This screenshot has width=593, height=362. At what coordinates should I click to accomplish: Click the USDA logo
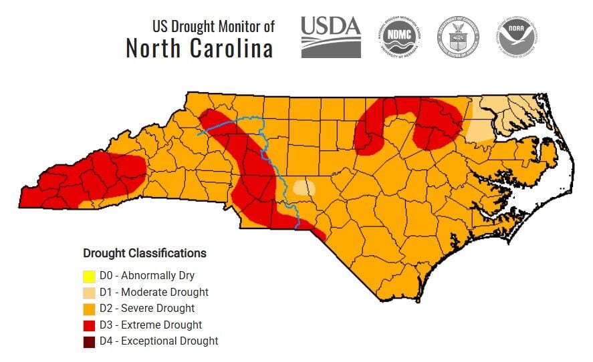tap(330, 37)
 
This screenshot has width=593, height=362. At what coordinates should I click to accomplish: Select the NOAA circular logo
tap(517, 37)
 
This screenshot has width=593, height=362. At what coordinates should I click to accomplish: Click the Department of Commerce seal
tap(459, 37)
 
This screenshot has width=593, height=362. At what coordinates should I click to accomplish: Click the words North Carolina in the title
tap(199, 49)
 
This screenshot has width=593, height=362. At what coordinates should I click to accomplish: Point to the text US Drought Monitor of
tap(213, 27)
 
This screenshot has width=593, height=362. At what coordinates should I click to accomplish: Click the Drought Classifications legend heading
tap(144, 253)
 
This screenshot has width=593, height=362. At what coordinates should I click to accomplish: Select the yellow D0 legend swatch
tap(89, 275)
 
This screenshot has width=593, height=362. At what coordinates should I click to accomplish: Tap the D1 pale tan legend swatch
tap(89, 292)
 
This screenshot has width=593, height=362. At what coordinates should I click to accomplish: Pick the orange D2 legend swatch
tap(89, 309)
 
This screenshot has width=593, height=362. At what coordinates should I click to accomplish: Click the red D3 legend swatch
tap(89, 325)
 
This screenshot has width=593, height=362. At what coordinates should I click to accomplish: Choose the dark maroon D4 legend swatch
tap(89, 341)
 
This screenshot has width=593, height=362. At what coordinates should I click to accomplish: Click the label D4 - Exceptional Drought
tap(158, 341)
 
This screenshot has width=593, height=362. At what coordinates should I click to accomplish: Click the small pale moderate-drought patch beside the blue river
tap(304, 187)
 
